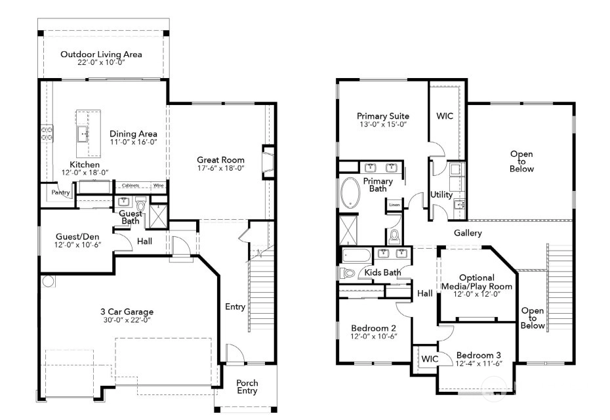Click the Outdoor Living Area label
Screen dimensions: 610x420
pyautogui.click(x=101, y=54)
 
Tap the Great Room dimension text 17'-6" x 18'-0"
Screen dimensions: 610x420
pyautogui.click(x=220, y=168)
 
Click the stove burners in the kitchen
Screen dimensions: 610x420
pyautogui.click(x=47, y=133)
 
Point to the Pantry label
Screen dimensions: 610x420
pyautogui.click(x=61, y=192)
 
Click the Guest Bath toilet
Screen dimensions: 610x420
pyautogui.click(x=140, y=203)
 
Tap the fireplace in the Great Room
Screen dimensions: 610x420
pyautogui.click(x=268, y=162)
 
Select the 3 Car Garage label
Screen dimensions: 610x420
pyautogui.click(x=127, y=312)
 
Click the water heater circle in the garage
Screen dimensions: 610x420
pyautogui.click(x=49, y=281)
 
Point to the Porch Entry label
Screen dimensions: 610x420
pyautogui.click(x=247, y=387)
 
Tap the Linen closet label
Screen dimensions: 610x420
pyautogui.click(x=394, y=205)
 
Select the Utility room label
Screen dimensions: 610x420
pyautogui.click(x=441, y=195)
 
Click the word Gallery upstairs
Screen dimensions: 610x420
pyautogui.click(x=468, y=233)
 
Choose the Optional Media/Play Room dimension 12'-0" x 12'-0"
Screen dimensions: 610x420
pyautogui.click(x=477, y=294)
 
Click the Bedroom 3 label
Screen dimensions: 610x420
pyautogui.click(x=479, y=355)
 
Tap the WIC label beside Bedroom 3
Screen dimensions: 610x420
pyautogui.click(x=430, y=359)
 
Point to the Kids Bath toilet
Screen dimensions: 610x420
pyautogui.click(x=348, y=273)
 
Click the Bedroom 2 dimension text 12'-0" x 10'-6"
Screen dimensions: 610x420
pyautogui.click(x=373, y=336)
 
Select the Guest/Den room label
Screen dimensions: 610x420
pyautogui.click(x=77, y=237)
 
